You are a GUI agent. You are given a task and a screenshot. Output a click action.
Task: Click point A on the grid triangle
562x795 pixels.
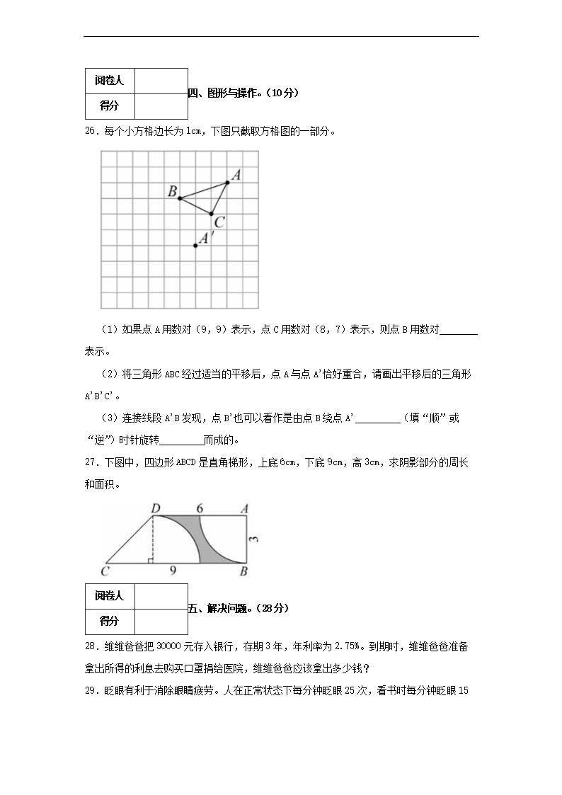(x=227, y=183)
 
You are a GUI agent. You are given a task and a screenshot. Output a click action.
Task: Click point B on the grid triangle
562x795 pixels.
(x=180, y=198)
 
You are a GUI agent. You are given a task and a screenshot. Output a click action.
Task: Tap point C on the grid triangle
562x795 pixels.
(x=211, y=213)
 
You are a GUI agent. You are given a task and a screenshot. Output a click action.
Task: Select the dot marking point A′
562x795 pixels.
(x=195, y=246)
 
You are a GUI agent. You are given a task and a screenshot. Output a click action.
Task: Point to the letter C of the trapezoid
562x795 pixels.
(x=105, y=571)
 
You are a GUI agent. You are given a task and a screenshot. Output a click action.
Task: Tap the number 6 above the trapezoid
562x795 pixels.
(x=200, y=508)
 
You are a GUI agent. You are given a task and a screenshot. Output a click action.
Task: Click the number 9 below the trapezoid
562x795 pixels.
(x=173, y=570)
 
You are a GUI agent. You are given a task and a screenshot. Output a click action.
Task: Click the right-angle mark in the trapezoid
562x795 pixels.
(x=150, y=561)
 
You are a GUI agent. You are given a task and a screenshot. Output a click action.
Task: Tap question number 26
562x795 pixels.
(x=91, y=130)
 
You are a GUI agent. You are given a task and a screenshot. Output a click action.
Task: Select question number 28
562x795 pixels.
(x=91, y=646)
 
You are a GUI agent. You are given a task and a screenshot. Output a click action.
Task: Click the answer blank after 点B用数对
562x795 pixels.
(x=459, y=330)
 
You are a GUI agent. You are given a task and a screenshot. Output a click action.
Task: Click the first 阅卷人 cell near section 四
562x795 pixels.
(x=109, y=81)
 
